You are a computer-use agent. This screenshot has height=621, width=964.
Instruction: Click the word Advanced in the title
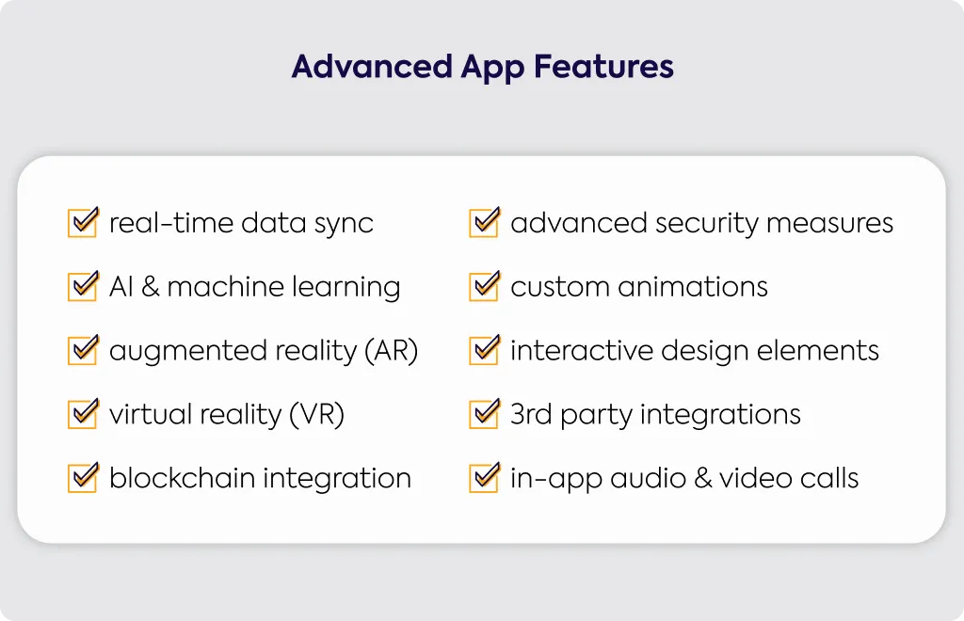click(x=372, y=67)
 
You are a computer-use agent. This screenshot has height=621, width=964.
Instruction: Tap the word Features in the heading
click(x=603, y=67)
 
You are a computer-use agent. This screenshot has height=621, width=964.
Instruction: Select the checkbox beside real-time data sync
click(x=83, y=222)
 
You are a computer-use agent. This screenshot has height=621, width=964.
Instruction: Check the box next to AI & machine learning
click(x=83, y=286)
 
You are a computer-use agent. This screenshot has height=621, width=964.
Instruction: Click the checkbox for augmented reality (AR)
click(x=83, y=349)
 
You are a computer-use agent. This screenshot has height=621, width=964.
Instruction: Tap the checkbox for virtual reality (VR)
click(x=83, y=413)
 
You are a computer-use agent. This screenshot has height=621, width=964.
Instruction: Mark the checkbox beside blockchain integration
click(x=83, y=477)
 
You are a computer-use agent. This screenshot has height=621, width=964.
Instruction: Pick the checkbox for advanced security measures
click(x=485, y=222)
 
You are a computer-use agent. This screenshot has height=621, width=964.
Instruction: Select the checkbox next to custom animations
click(x=485, y=286)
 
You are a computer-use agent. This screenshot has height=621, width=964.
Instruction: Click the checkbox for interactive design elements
click(x=485, y=349)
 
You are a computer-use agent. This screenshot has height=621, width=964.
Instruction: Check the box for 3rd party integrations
click(x=485, y=413)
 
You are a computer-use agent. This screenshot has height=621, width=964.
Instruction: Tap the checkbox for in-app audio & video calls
click(x=485, y=477)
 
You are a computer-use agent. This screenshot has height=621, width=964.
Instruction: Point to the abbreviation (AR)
click(x=391, y=351)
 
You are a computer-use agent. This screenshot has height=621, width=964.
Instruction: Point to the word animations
click(x=693, y=286)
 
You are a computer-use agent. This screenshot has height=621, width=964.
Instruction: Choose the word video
click(x=756, y=477)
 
